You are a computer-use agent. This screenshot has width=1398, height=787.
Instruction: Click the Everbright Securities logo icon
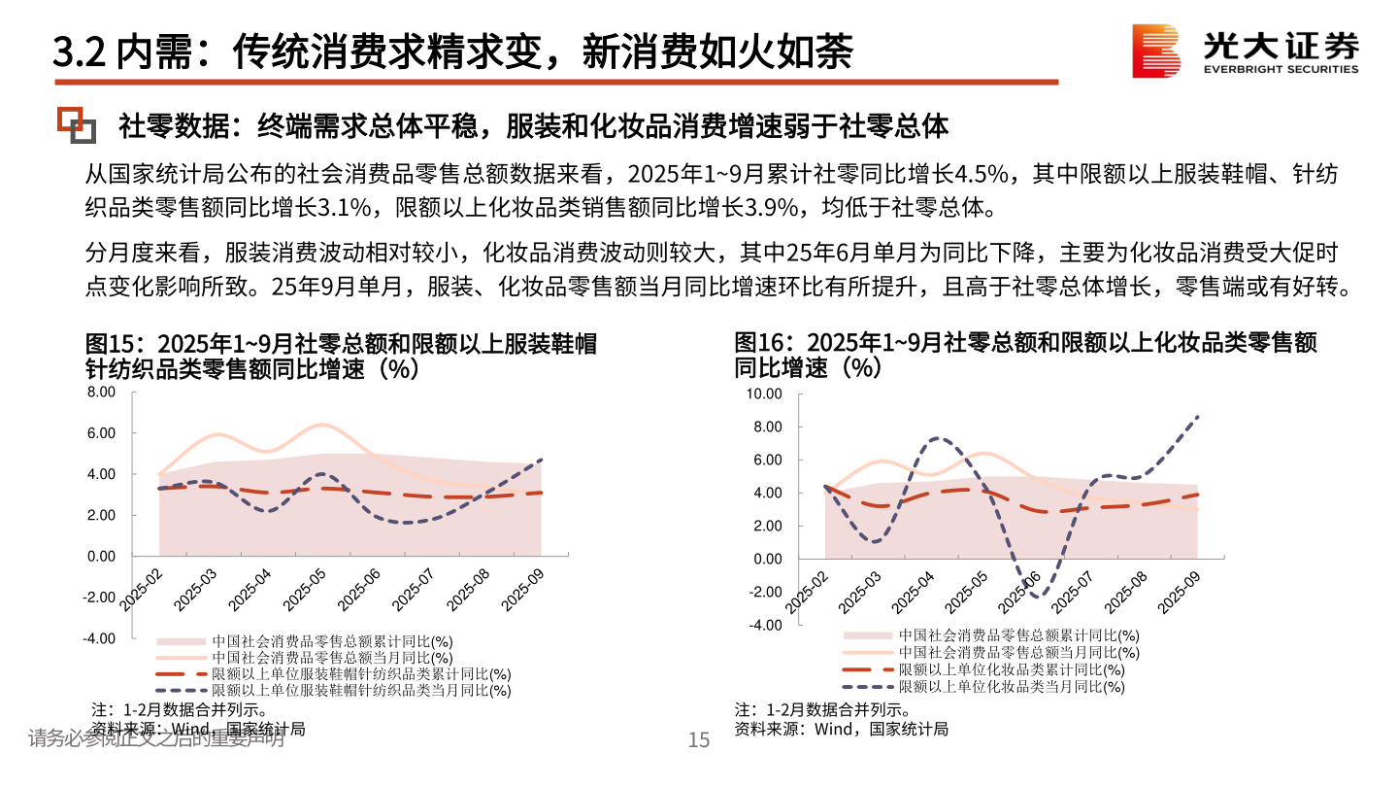(x=1156, y=51)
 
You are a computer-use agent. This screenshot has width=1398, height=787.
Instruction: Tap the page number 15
(x=699, y=740)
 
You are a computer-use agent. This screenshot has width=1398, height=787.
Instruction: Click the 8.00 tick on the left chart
(x=101, y=393)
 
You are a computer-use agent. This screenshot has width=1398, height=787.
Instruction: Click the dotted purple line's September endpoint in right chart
(x=1198, y=416)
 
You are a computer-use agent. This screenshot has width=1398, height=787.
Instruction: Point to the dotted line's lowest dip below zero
(x=1039, y=596)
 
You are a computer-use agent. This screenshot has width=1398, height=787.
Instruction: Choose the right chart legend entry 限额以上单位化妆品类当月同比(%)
(x=1011, y=687)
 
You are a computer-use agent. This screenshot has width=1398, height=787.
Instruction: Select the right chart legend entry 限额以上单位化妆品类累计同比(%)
(x=1011, y=669)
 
